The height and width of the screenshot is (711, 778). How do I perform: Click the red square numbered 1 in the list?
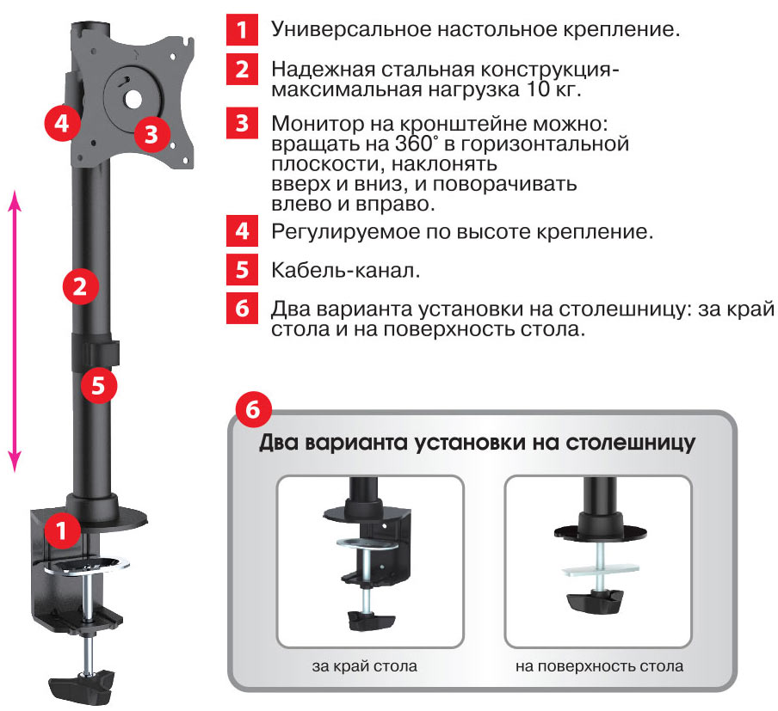(242, 29)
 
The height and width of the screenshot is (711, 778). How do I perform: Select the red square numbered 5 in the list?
(242, 269)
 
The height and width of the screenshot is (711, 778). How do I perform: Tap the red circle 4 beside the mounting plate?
(62, 122)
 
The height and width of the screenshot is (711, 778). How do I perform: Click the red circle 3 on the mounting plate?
(151, 133)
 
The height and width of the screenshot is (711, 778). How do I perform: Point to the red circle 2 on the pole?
(80, 286)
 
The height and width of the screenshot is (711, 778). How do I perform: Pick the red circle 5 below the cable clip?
(98, 385)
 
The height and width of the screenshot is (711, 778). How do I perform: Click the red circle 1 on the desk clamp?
(62, 530)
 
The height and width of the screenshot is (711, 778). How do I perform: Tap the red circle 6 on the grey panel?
(253, 410)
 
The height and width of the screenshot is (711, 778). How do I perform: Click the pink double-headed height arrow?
(15, 331)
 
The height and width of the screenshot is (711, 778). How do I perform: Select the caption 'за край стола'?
(365, 666)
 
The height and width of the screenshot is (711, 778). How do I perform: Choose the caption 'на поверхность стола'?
(599, 666)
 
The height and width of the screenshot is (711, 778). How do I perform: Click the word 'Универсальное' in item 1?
(351, 30)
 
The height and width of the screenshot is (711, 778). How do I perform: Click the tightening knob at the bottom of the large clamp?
(82, 684)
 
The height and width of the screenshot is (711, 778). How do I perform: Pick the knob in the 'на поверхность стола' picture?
(595, 602)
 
